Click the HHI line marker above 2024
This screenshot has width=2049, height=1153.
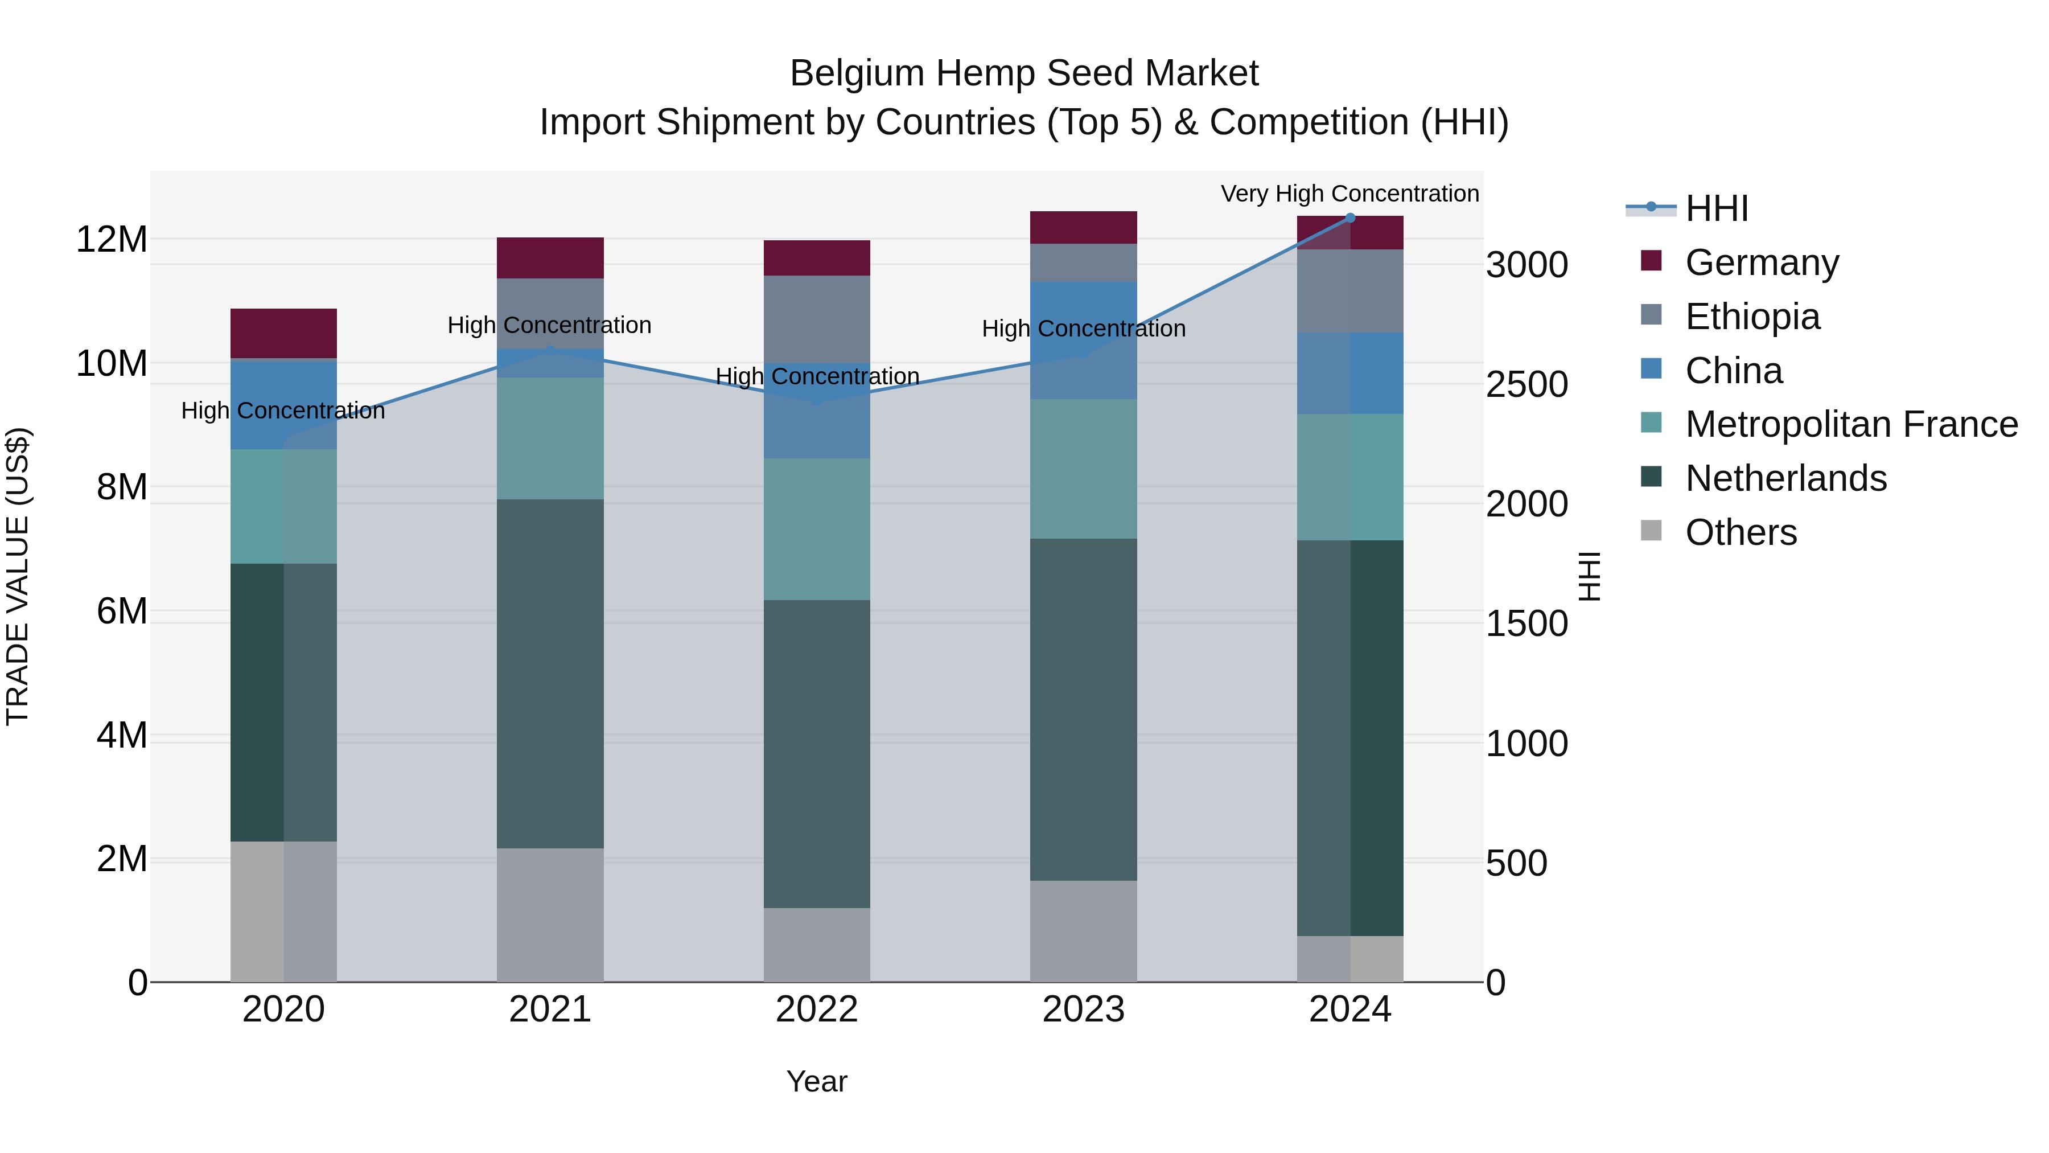[x=1350, y=218]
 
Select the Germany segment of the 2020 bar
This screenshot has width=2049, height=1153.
[x=283, y=334]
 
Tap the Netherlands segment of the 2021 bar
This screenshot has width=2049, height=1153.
[x=550, y=673]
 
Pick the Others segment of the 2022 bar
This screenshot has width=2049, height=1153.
[x=816, y=945]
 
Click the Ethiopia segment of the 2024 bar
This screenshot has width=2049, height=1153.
[x=1350, y=290]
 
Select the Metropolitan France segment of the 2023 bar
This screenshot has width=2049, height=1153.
[x=1083, y=469]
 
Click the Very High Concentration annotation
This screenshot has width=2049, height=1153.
[x=1350, y=194]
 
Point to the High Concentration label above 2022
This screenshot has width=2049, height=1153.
[x=817, y=376]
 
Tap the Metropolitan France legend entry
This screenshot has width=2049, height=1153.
[x=1850, y=424]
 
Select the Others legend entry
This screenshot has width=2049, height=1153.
[x=1741, y=532]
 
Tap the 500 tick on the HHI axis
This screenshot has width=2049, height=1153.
[x=1516, y=863]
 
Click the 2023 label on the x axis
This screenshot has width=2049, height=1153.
[x=1083, y=1010]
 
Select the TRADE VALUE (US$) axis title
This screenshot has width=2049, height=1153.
[x=18, y=576]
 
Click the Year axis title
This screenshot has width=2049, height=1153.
[x=816, y=1081]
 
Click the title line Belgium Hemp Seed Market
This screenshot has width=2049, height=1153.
[x=1024, y=73]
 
